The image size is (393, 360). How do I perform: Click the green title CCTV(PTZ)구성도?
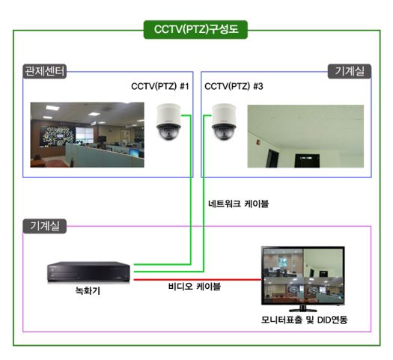195,29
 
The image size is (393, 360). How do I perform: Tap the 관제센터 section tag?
45,71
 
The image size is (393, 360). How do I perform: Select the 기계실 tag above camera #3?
350,71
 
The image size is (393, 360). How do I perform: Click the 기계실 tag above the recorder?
45,226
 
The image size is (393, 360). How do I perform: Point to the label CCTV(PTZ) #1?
160,86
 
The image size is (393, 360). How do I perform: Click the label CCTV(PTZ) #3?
234,86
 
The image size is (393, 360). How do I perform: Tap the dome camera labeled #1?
168,122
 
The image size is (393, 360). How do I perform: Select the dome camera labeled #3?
224,122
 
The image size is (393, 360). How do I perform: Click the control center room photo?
88,135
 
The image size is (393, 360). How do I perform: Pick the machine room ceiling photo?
305,136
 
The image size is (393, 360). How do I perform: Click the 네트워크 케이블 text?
238,204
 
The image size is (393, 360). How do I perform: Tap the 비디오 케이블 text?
195,286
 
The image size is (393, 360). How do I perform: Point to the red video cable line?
198,280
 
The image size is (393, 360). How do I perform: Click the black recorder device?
89,272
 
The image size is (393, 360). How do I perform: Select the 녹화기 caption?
88,290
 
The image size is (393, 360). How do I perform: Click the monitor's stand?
302,308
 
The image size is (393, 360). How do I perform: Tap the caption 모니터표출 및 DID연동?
304,320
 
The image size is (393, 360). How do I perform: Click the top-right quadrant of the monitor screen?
323,263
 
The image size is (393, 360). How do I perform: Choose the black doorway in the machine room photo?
307,161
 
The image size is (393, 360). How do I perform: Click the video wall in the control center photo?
57,136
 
